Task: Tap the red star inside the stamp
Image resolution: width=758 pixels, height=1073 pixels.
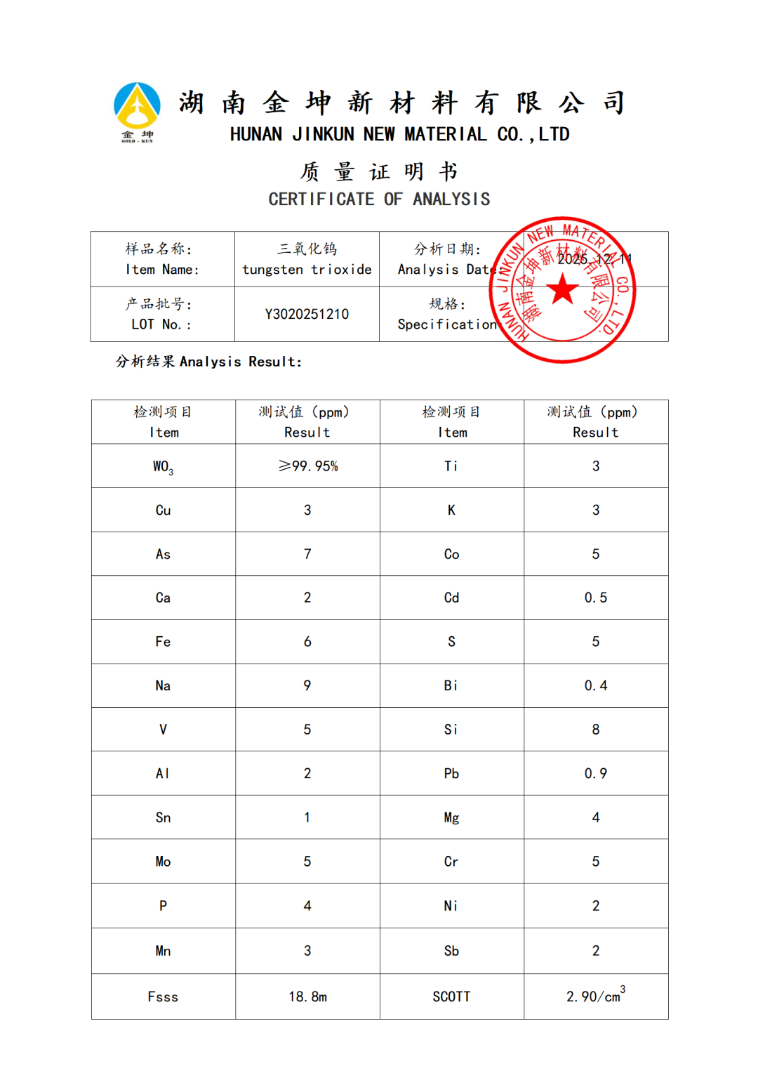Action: pyautogui.click(x=563, y=289)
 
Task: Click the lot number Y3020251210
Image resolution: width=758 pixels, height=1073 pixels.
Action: pyautogui.click(x=307, y=314)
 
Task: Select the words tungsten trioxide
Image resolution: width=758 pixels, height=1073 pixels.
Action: pyautogui.click(x=307, y=270)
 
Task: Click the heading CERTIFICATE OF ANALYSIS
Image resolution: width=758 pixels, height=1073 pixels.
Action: pyautogui.click(x=379, y=199)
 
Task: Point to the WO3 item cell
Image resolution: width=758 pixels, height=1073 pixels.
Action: pyautogui.click(x=163, y=467)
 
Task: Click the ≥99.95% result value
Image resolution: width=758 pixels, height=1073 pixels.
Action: pyautogui.click(x=308, y=466)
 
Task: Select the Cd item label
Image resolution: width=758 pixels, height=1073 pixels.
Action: pyautogui.click(x=451, y=598)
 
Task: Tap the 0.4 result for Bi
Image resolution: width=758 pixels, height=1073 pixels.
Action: pyautogui.click(x=596, y=685)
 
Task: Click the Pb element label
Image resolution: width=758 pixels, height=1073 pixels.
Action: pyautogui.click(x=451, y=773)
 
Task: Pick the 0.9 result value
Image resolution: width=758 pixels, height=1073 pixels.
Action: pyautogui.click(x=596, y=773)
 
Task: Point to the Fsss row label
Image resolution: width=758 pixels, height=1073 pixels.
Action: pyautogui.click(x=163, y=997)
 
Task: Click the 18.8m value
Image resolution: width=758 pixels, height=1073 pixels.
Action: pyautogui.click(x=307, y=997)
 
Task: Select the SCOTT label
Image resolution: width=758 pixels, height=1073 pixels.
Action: pyautogui.click(x=451, y=997)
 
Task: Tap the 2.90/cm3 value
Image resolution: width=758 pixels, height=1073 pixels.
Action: pyautogui.click(x=595, y=996)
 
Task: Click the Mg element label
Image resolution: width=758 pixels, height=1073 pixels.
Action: pyautogui.click(x=451, y=818)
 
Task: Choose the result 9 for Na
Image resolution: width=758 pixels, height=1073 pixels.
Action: pyautogui.click(x=307, y=685)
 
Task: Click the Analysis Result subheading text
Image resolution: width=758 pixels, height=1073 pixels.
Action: pyautogui.click(x=208, y=362)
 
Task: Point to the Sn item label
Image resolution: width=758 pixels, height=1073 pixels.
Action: pyautogui.click(x=163, y=817)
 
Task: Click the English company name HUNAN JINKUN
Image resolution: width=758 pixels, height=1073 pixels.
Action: pyautogui.click(x=399, y=134)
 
